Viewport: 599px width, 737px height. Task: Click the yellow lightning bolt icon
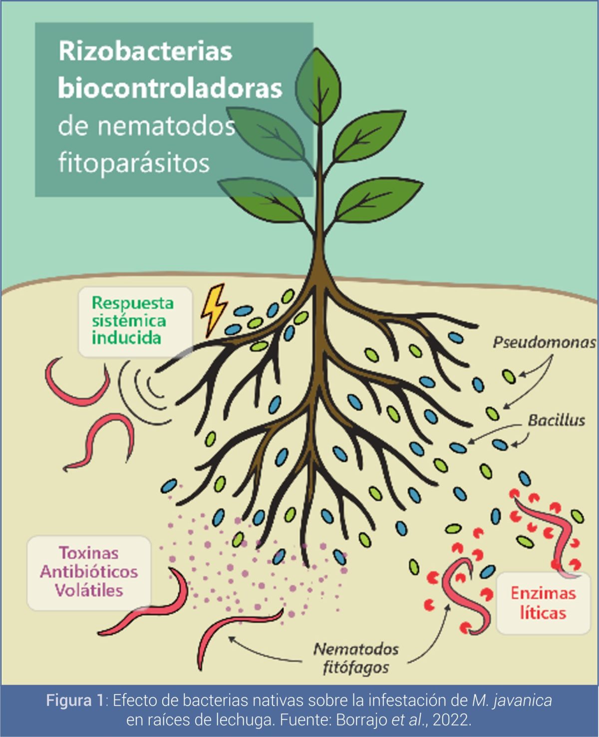tap(213, 309)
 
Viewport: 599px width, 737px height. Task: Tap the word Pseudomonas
tap(544, 343)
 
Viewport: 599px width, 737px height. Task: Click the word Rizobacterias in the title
tap(145, 51)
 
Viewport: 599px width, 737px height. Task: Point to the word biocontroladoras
tap(170, 88)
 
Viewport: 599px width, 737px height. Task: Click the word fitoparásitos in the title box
tap(133, 163)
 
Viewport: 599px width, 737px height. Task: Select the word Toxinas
tap(89, 553)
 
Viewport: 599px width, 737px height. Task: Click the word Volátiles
tap(89, 590)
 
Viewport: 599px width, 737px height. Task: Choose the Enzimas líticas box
tap(543, 603)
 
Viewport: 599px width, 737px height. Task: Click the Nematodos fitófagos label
tap(356, 658)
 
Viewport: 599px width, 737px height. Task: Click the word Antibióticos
tap(89, 572)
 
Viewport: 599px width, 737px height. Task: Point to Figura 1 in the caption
tap(75, 700)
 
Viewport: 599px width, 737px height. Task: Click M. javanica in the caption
tap(512, 700)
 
